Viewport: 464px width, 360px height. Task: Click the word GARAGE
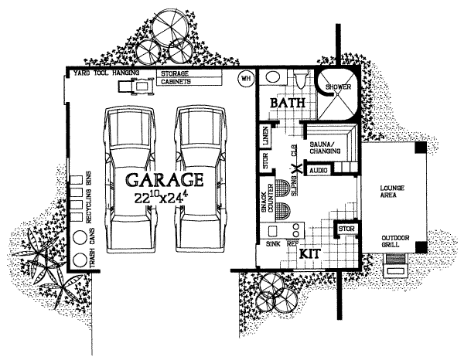click(165, 180)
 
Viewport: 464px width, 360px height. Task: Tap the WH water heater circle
click(246, 79)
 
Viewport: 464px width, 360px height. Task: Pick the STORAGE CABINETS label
click(178, 76)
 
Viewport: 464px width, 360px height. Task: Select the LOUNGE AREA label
click(394, 192)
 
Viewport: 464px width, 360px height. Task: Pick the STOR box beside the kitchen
click(344, 229)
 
